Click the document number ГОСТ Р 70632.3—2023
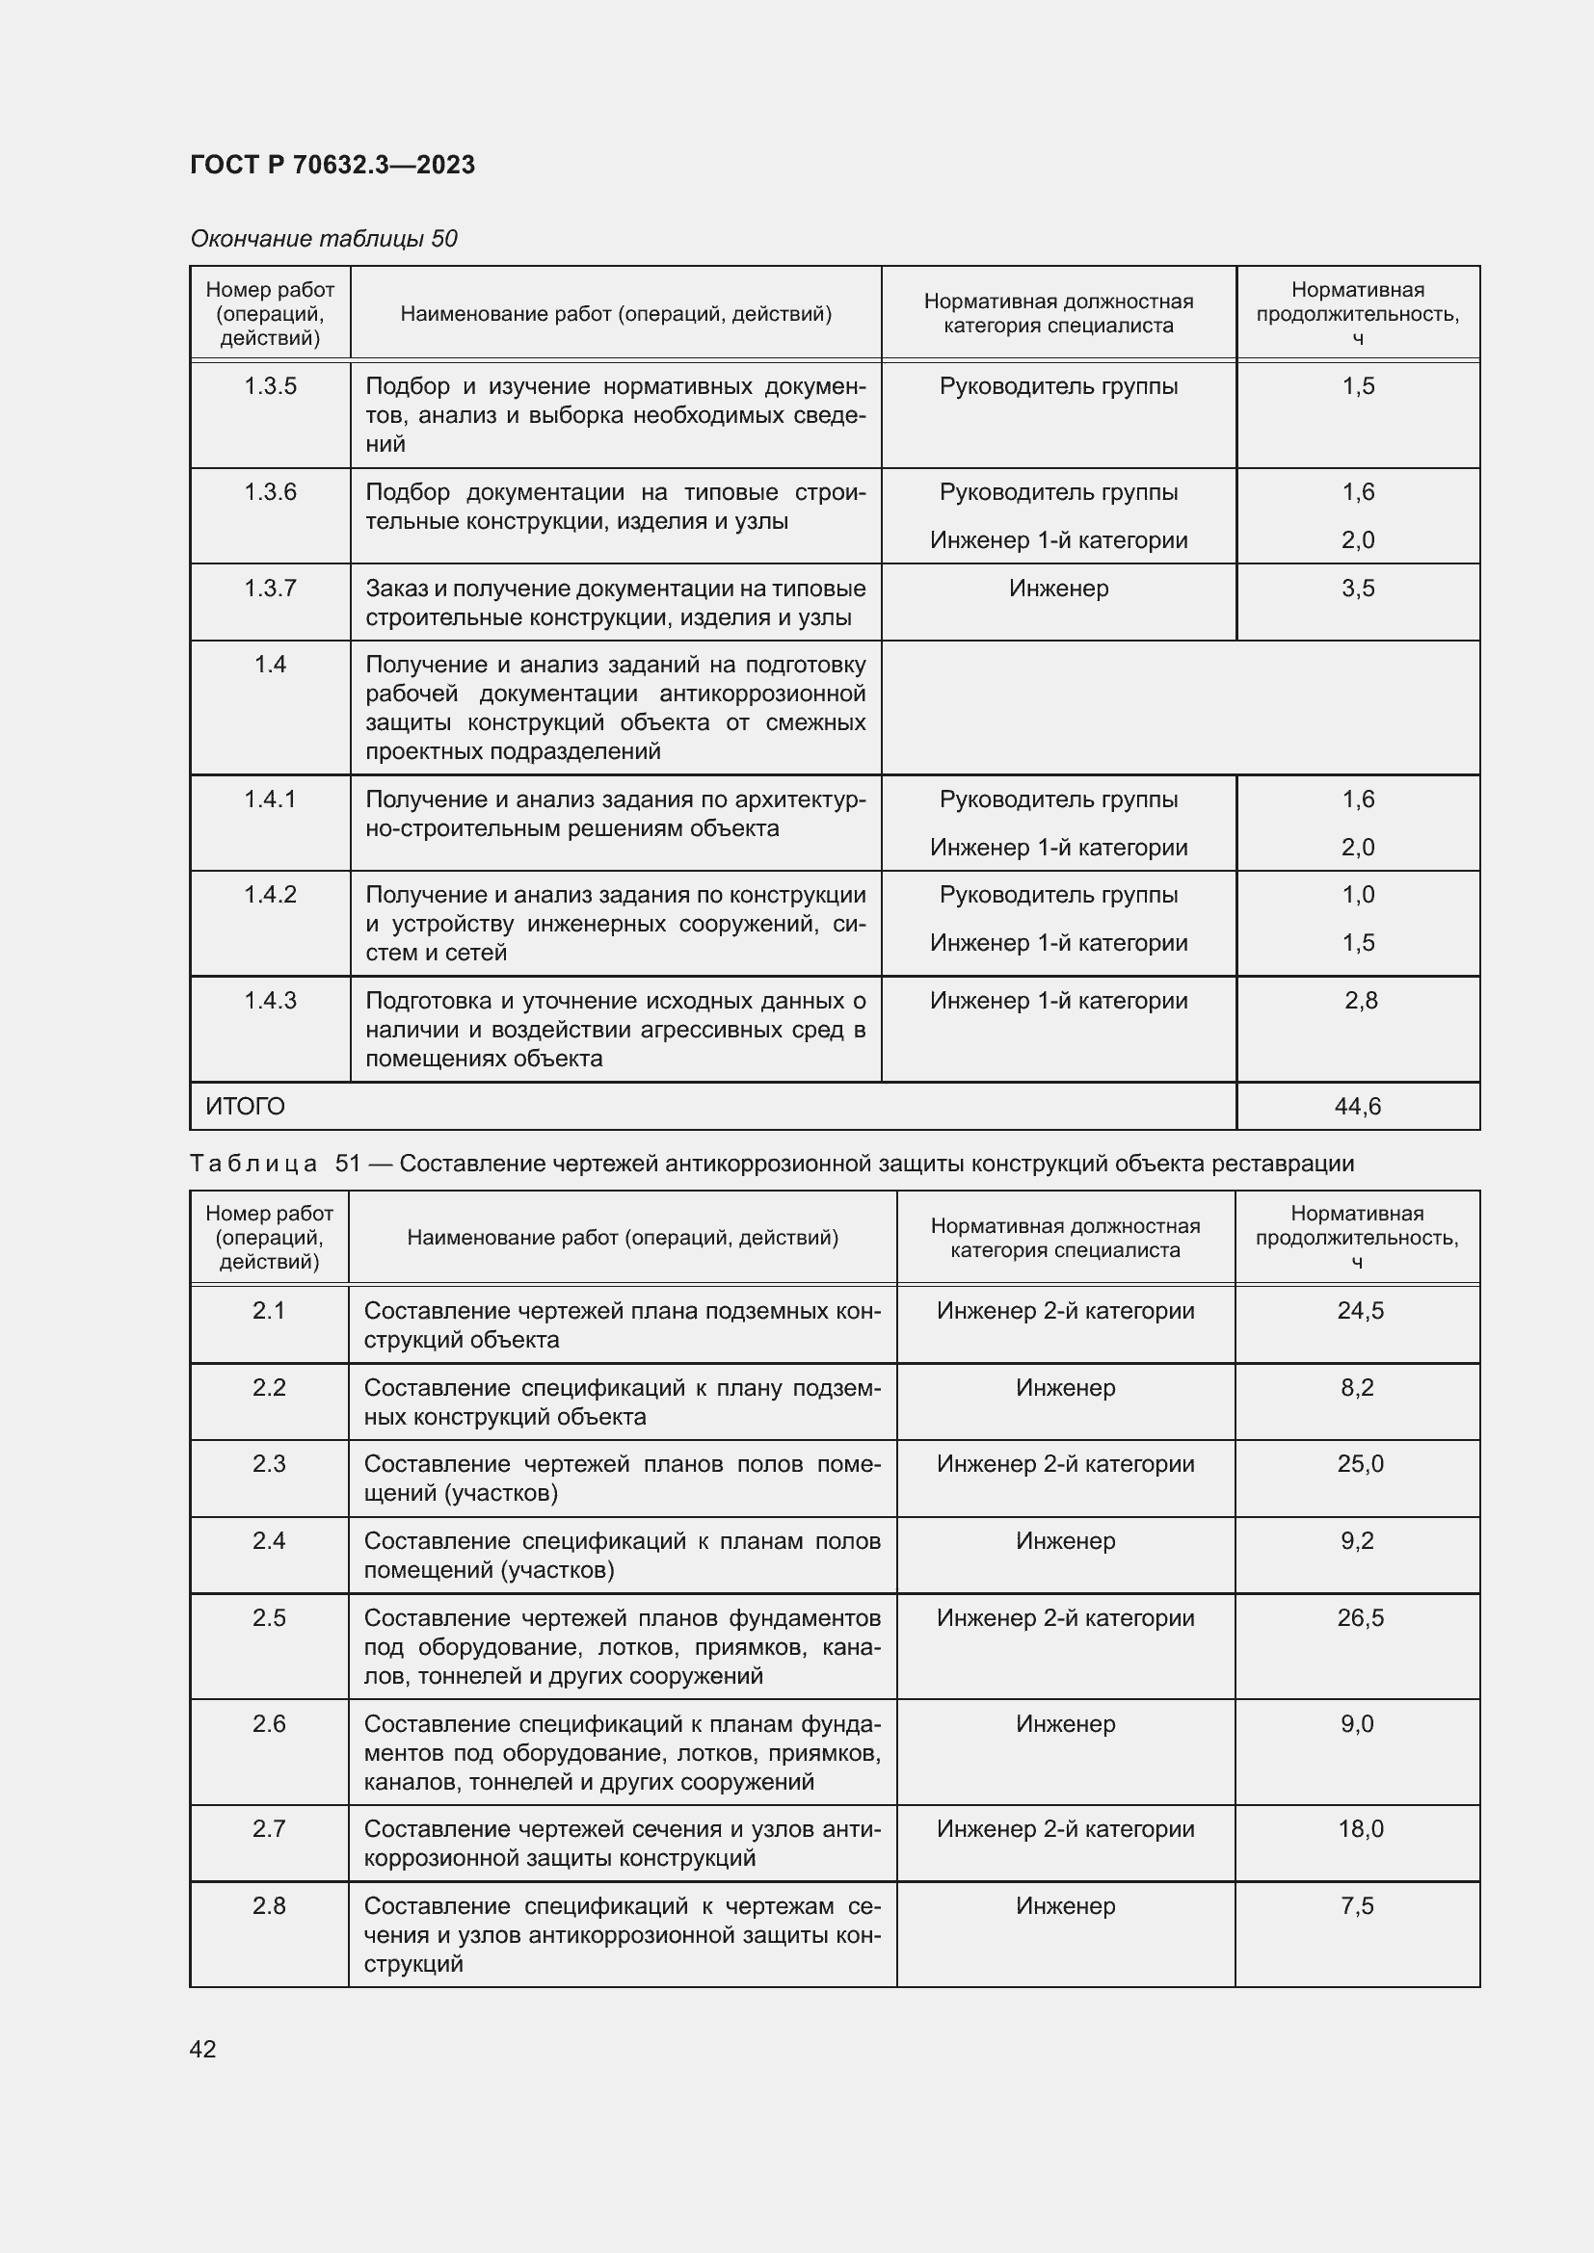tap(332, 165)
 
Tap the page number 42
tap(203, 2049)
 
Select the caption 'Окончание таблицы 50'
tap(324, 239)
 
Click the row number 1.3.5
tap(270, 386)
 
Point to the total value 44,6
tap(1358, 1107)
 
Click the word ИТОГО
tap(246, 1107)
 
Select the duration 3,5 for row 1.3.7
tap(1358, 589)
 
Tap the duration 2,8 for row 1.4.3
tap(1361, 1001)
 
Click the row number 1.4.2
tap(270, 895)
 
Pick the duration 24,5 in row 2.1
tap(1360, 1311)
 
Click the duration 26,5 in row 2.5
tap(1360, 1618)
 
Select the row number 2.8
tap(269, 1906)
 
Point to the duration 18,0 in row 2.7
tap(1360, 1829)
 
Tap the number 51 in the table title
tap(348, 1164)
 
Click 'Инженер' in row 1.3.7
tap(1058, 589)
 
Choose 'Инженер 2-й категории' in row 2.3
tap(1065, 1464)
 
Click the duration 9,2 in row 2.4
tap(1358, 1541)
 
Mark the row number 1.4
tap(270, 666)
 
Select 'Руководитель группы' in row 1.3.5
tap(1058, 386)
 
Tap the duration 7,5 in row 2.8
tap(1358, 1906)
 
